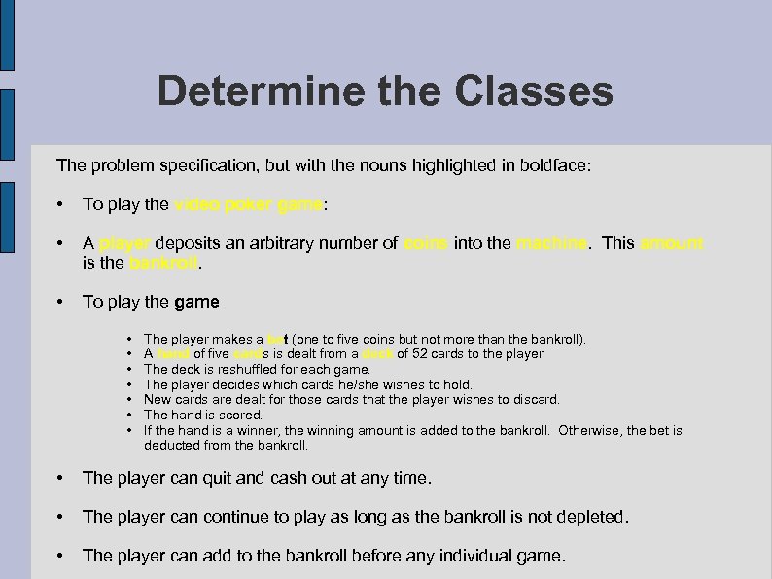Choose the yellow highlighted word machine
pos(551,243)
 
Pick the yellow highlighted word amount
pos(671,243)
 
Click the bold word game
pos(197,302)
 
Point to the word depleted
pos(591,517)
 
